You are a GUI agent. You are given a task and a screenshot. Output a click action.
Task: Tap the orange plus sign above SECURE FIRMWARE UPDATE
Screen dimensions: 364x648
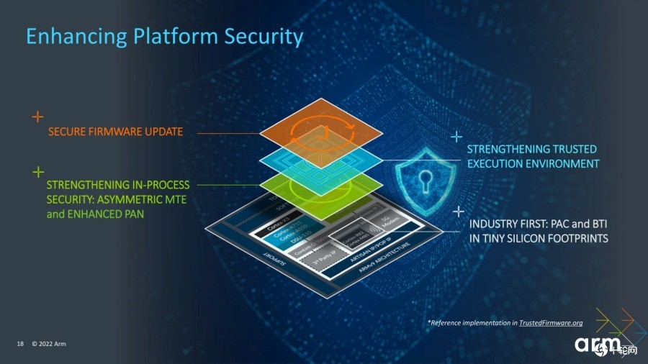pyautogui.click(x=37, y=117)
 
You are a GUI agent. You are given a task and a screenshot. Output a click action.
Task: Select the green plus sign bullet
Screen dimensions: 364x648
pyautogui.click(x=37, y=172)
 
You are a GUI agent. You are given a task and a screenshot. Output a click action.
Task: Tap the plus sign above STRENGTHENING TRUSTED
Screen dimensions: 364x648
pyautogui.click(x=456, y=135)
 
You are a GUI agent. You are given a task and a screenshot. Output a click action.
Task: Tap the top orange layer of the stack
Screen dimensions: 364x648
pyautogui.click(x=320, y=132)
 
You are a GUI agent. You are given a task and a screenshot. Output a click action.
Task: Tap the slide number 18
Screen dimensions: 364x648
pyautogui.click(x=20, y=345)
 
